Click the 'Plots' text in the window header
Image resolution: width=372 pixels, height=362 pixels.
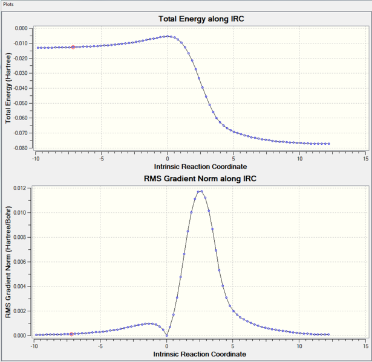[11, 4]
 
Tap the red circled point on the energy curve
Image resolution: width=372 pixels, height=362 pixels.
[73, 47]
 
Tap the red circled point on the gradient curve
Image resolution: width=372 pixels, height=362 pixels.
[71, 334]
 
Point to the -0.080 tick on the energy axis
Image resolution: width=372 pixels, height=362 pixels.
[21, 148]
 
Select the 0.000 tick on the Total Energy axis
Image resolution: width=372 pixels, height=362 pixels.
[21, 28]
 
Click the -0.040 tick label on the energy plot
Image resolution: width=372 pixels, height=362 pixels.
[21, 88]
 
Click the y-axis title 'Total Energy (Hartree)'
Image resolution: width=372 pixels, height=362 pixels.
[8, 88]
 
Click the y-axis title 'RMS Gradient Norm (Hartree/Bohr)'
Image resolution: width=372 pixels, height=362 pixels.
[8, 261]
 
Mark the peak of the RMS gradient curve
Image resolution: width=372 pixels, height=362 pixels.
[200, 191]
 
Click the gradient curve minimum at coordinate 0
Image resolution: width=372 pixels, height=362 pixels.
[167, 335]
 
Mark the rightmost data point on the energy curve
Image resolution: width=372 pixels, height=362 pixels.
[329, 144]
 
